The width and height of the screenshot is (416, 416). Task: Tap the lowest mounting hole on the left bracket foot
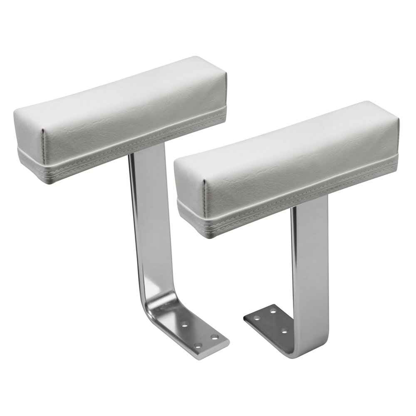198,345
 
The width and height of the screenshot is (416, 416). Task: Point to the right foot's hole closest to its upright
285,331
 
